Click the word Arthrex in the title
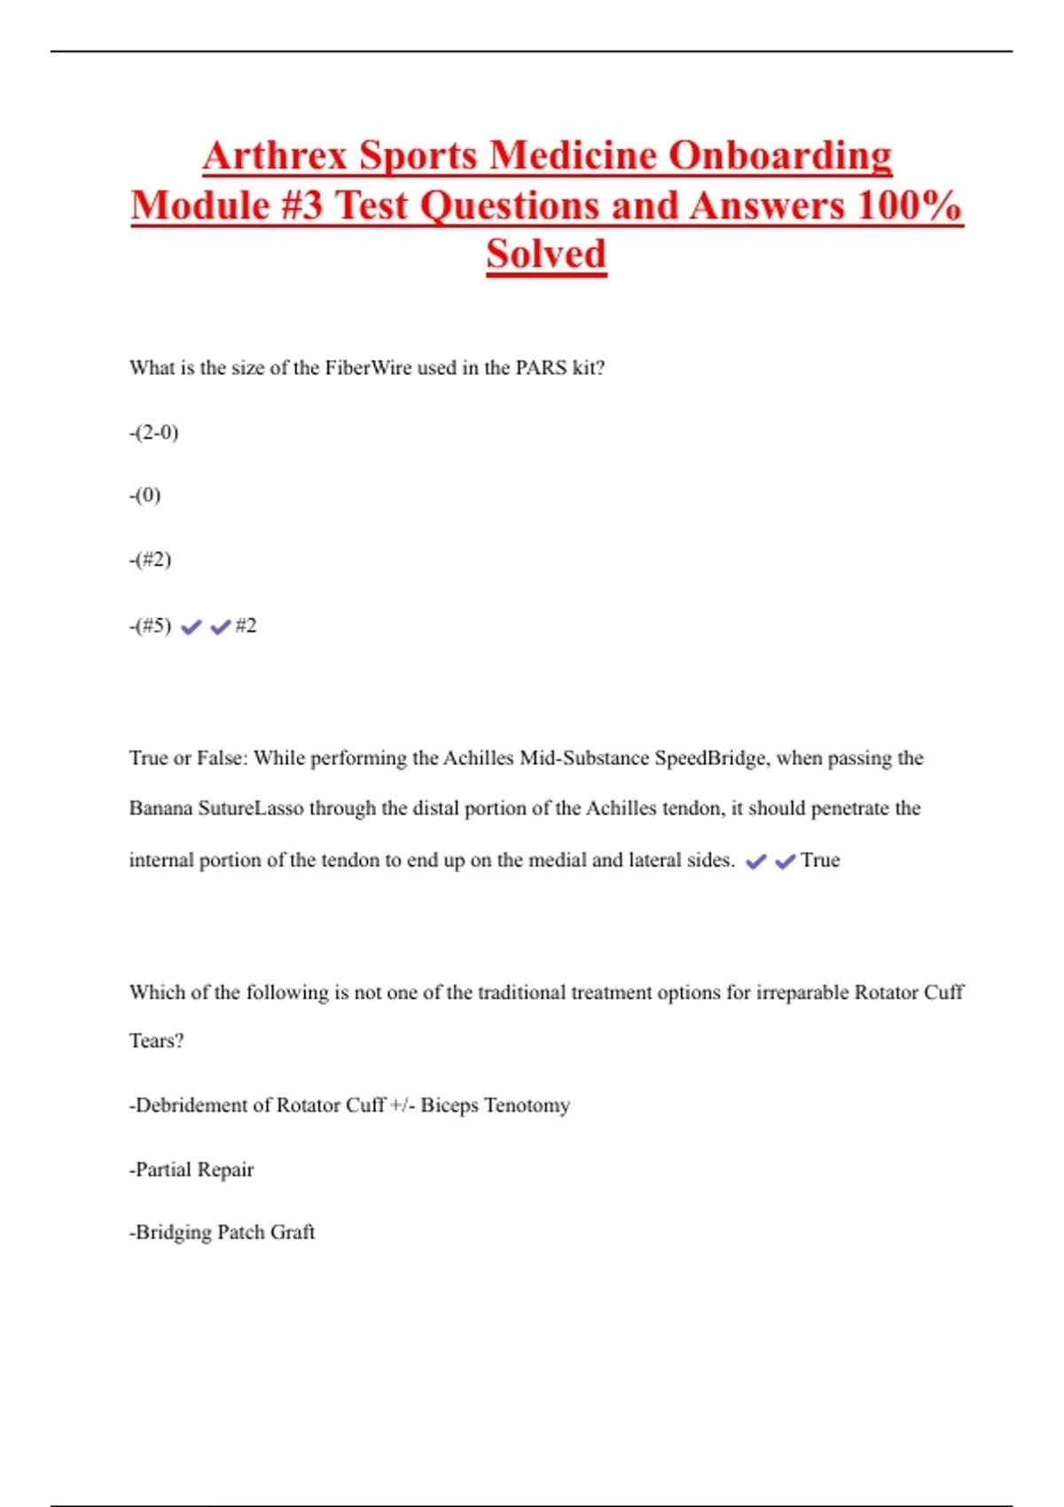[276, 156]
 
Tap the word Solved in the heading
[546, 254]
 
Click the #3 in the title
[302, 206]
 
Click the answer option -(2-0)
[154, 433]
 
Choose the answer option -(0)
[145, 496]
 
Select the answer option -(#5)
[151, 626]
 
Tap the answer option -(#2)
[151, 560]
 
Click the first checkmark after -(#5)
[192, 628]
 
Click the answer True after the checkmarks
[820, 860]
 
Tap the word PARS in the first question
[541, 368]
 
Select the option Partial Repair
[192, 1170]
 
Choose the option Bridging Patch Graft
[223, 1232]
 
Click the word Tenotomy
[527, 1105]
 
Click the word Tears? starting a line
[156, 1041]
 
